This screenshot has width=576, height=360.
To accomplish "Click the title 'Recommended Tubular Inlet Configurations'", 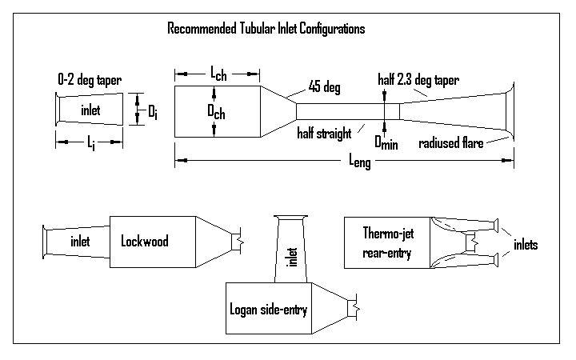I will [266, 30].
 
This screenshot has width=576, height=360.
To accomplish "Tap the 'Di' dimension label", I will [152, 111].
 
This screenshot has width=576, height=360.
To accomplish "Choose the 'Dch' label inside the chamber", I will [216, 114].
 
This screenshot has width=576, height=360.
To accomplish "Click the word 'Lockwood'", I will [147, 241].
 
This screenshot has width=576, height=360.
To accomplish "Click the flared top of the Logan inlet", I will [292, 218].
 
